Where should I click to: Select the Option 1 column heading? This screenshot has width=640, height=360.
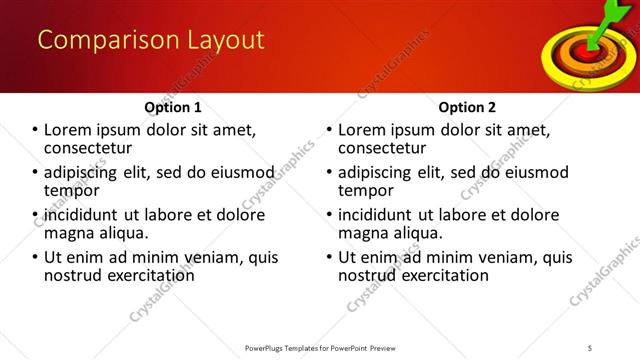pos(173,107)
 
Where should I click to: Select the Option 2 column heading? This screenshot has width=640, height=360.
pos(467,107)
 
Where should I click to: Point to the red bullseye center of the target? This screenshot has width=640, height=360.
pos(584,47)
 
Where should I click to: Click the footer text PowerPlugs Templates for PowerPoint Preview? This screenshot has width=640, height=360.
pos(319,347)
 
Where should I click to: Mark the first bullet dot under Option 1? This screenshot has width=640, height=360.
pos(35,130)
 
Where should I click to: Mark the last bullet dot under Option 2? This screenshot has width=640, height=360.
pos(330,257)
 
